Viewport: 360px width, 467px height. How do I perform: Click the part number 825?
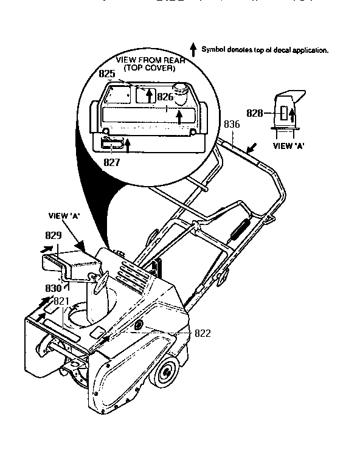click(x=107, y=73)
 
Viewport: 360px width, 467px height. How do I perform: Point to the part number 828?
click(x=255, y=113)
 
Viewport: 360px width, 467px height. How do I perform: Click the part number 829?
click(x=54, y=235)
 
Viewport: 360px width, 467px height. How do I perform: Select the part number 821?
click(x=61, y=301)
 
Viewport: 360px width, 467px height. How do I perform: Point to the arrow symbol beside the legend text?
click(x=193, y=49)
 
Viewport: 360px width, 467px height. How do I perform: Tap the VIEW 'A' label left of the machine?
click(x=63, y=215)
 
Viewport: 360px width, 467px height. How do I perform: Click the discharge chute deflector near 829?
click(x=70, y=262)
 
